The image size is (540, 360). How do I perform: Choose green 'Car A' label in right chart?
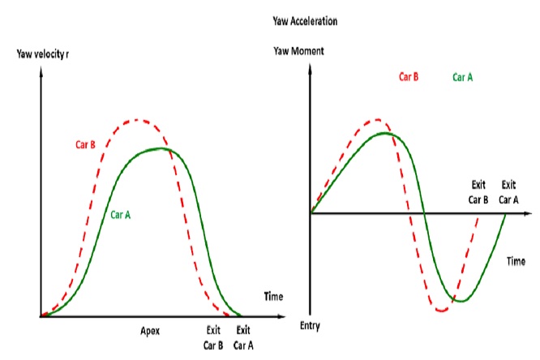pos(463,79)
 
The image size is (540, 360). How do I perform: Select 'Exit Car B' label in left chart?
pos(212,337)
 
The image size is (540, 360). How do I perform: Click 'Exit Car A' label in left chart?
pos(242,337)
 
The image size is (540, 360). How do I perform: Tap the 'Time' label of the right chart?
pos(516,261)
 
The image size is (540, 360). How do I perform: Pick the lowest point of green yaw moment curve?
pos(459,301)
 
